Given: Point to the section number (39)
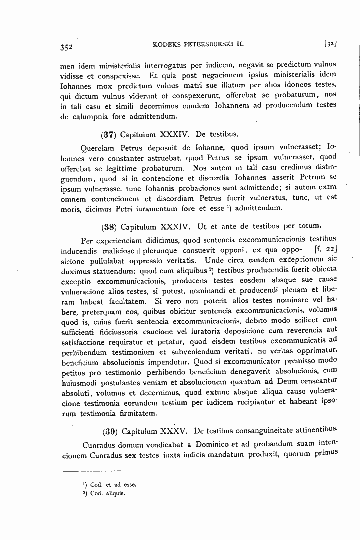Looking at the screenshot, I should [110, 431].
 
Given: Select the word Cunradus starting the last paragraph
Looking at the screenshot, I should [100, 444].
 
